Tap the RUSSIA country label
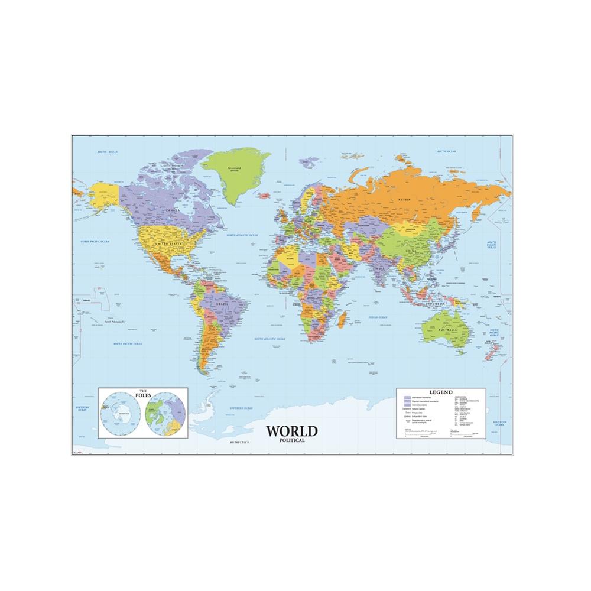tap(404, 199)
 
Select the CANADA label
tap(173, 209)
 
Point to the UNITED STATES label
tap(167, 243)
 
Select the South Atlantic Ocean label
tap(269, 339)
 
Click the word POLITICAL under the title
tap(292, 440)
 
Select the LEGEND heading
tap(441, 392)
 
